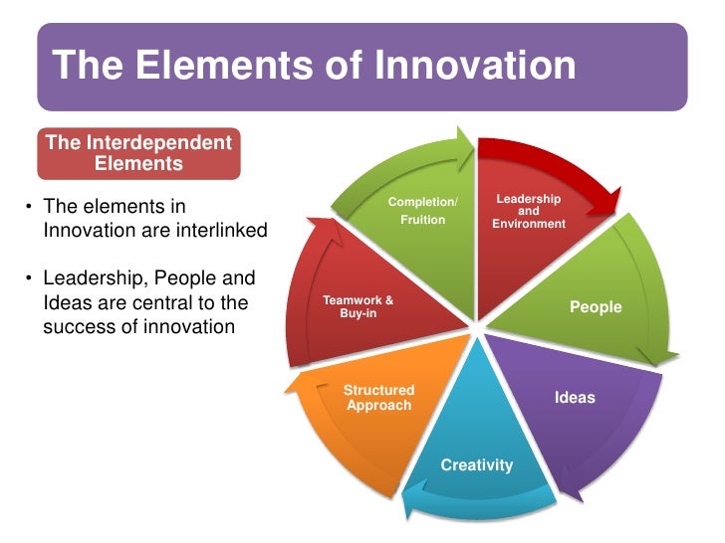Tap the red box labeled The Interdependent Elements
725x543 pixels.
(x=138, y=152)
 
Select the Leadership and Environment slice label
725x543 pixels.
(x=529, y=212)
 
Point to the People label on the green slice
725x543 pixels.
(x=596, y=307)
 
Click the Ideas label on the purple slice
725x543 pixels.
(x=575, y=398)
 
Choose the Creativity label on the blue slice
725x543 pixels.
(x=477, y=464)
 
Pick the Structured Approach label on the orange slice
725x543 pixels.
(x=378, y=398)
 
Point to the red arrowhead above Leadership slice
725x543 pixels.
(x=597, y=204)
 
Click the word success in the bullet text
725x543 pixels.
(x=76, y=325)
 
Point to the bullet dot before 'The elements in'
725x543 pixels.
(x=30, y=208)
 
